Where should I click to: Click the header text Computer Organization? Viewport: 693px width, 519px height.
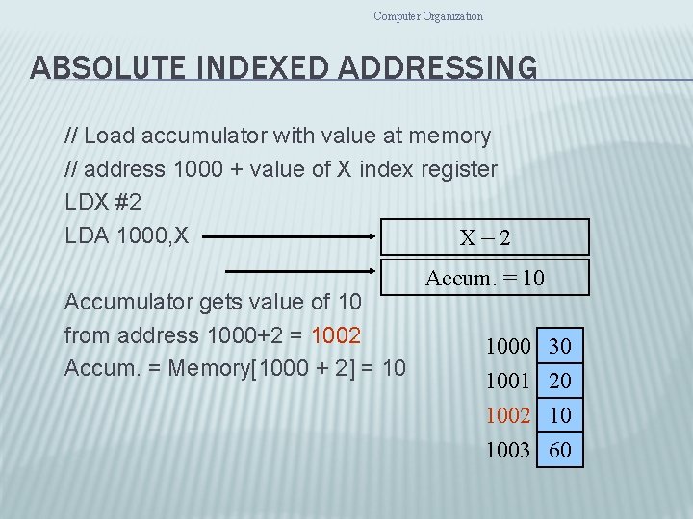tap(428, 15)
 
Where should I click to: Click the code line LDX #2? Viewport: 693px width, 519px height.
tap(103, 203)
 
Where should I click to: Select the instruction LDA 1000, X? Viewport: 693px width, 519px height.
tap(126, 235)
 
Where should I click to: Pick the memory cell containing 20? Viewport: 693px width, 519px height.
tap(560, 381)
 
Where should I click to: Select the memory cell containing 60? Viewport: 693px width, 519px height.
tap(560, 449)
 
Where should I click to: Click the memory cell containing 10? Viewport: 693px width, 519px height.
tap(560, 415)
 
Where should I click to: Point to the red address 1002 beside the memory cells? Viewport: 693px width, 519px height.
tap(508, 415)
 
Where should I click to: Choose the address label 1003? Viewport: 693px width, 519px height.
tap(508, 449)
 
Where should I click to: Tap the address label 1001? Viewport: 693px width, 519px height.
tap(508, 381)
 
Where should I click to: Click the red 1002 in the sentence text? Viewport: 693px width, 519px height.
tap(335, 335)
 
